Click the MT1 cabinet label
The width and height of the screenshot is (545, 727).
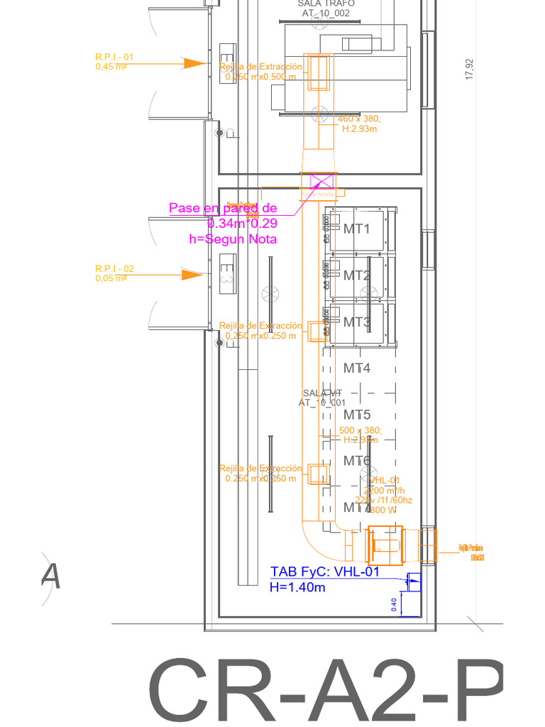(357, 229)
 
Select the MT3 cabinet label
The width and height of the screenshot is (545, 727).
(357, 322)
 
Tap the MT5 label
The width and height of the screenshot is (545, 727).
(357, 415)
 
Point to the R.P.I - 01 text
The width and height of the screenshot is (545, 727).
(114, 57)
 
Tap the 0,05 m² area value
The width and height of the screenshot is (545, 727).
(111, 278)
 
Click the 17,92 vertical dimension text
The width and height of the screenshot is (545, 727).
(468, 70)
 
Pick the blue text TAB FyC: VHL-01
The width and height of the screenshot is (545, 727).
(325, 572)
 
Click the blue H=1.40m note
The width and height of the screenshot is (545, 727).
(298, 587)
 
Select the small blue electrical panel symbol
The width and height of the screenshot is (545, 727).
(413, 581)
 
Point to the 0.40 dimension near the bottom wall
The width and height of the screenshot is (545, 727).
(395, 604)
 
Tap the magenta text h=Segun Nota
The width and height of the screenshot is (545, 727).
(233, 239)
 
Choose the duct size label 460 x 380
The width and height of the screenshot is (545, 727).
(359, 119)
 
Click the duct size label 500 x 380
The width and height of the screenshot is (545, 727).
(360, 431)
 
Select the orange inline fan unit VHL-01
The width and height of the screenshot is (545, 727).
(384, 545)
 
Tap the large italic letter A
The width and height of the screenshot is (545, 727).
(50, 576)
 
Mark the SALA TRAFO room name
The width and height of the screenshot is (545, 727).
(326, 4)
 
